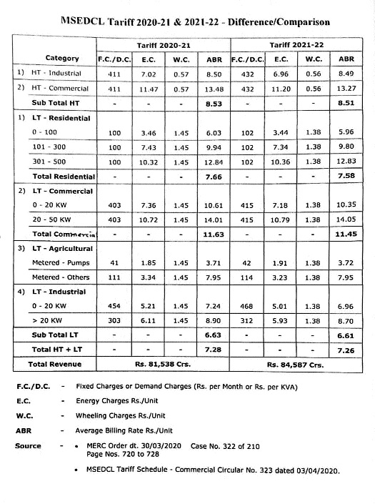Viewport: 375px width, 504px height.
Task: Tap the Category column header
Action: [62, 58]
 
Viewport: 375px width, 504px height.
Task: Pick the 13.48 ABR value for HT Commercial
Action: [214, 89]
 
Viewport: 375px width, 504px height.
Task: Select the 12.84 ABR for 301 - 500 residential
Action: [214, 162]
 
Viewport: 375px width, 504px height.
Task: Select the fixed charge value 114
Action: [246, 280]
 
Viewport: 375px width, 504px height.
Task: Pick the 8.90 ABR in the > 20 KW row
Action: [214, 323]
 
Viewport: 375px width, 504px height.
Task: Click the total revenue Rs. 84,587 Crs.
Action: [296, 365]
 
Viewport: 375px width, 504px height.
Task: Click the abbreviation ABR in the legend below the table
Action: [23, 431]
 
